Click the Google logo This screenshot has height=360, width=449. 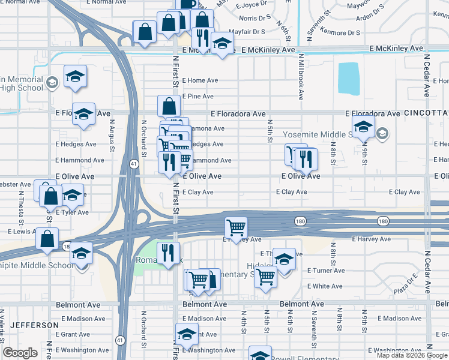click(20, 353)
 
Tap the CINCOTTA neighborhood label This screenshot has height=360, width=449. click(427, 113)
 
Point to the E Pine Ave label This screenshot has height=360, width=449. click(197, 96)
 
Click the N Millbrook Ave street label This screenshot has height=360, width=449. click(300, 76)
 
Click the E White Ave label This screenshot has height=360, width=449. click(325, 286)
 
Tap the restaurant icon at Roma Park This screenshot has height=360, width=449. click(167, 252)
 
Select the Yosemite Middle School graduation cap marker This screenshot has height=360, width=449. click(363, 127)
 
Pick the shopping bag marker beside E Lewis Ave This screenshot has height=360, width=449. click(47, 238)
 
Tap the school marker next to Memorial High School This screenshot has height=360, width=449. click(75, 76)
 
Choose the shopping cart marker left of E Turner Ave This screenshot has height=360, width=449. click(265, 277)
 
